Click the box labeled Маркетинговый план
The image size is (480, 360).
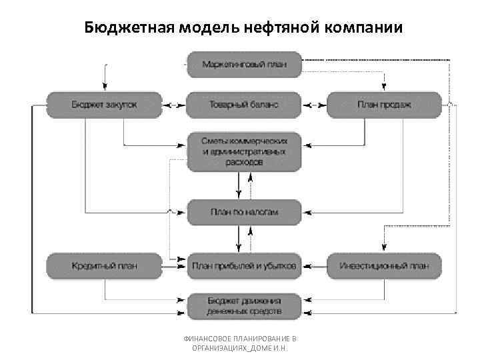click(244, 65)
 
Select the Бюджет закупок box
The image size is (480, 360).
click(104, 105)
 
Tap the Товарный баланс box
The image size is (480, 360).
click(244, 105)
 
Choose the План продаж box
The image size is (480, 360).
click(384, 105)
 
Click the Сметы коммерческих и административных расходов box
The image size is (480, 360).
click(244, 152)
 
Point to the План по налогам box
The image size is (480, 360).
click(244, 212)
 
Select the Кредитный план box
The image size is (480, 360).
click(104, 266)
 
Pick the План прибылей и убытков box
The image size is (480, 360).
click(244, 266)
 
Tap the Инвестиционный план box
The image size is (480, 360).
click(384, 266)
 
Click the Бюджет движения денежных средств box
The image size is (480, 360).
click(244, 306)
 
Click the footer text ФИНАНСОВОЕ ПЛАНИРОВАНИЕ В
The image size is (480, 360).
click(239, 339)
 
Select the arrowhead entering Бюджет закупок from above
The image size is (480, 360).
click(104, 87)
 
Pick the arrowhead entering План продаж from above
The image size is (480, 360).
click(384, 87)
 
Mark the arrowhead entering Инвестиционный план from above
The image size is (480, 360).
click(384, 249)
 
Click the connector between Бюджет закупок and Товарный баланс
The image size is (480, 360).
click(174, 105)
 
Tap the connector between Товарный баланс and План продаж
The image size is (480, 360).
click(314, 105)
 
